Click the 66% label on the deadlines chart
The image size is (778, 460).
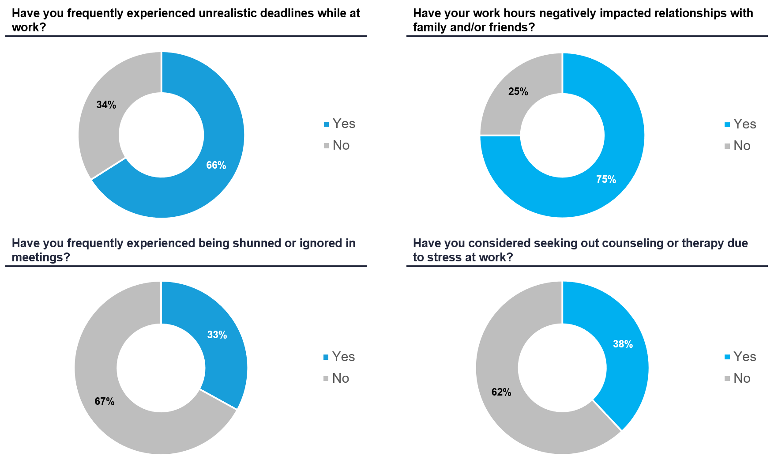coord(216,165)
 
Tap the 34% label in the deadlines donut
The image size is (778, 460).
coord(106,105)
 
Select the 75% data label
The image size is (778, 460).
coord(606,179)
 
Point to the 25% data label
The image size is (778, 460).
coord(518,91)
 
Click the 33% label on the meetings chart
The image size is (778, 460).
coord(217,335)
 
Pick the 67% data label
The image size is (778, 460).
coord(105,401)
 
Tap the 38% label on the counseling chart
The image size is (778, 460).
coord(623,344)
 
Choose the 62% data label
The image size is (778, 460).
coord(501,392)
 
